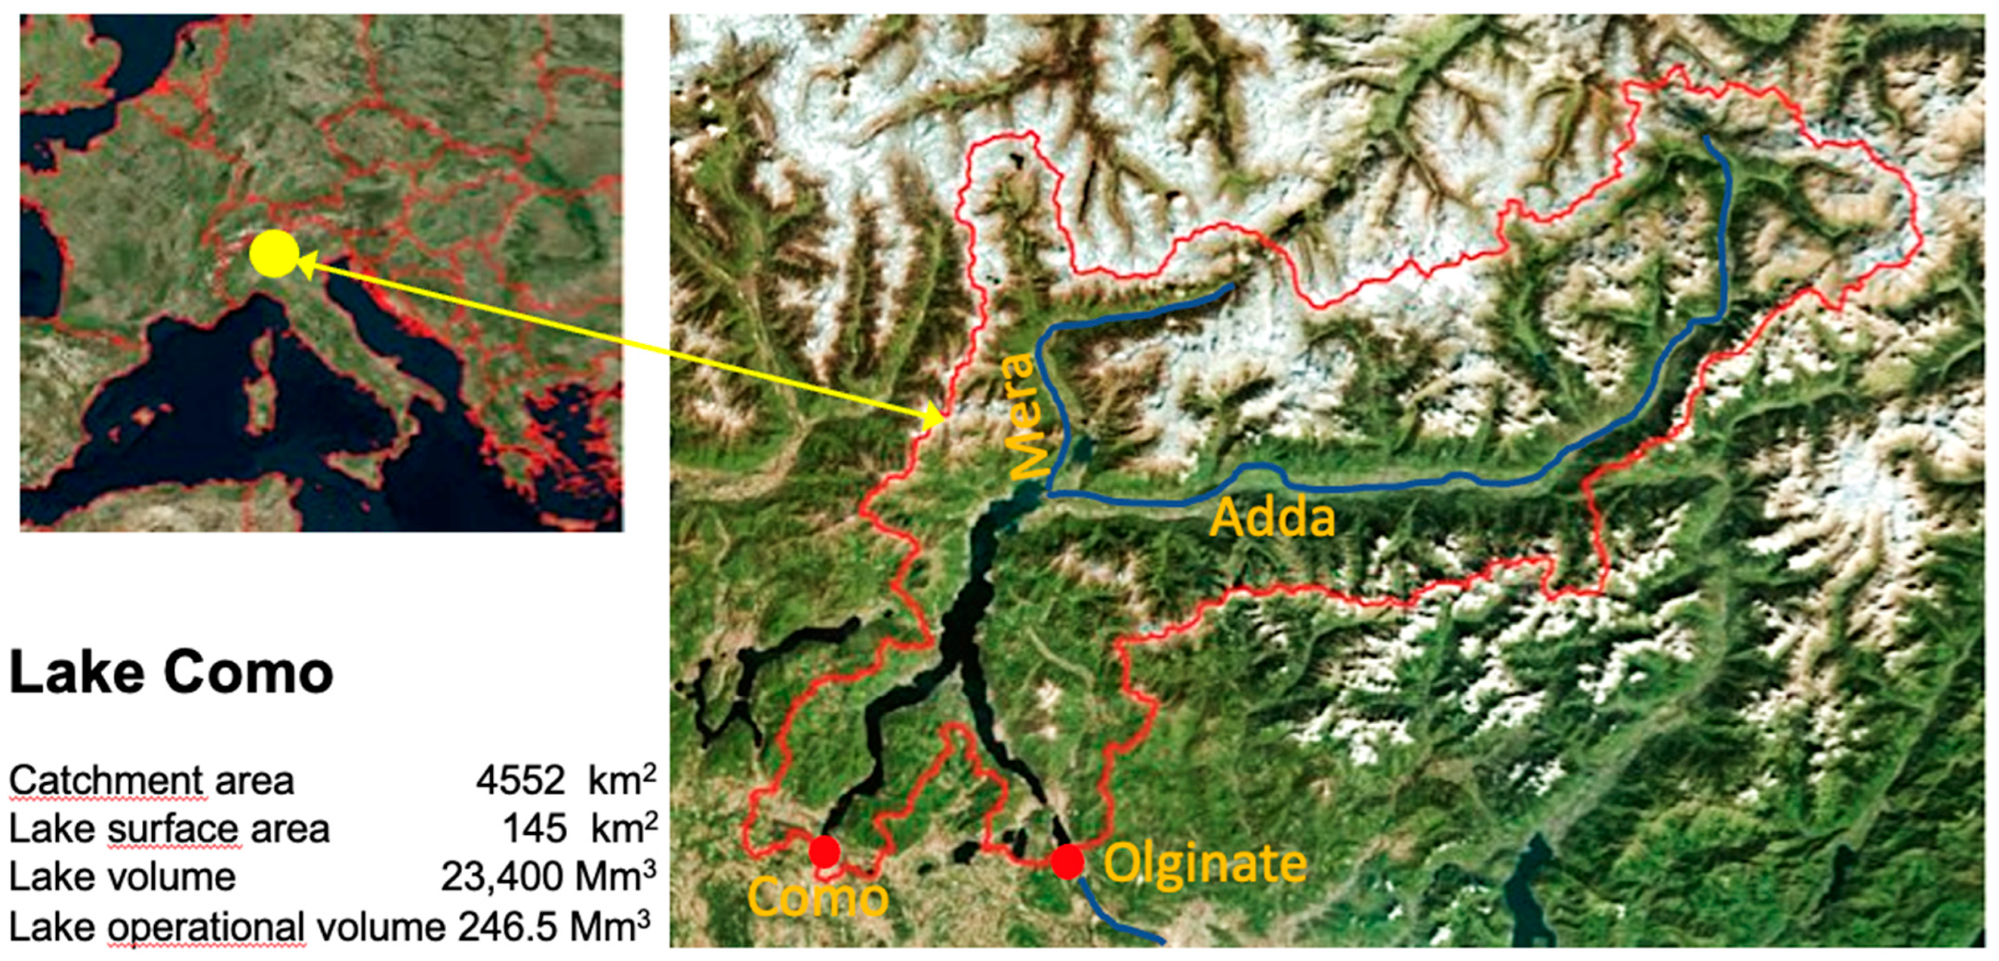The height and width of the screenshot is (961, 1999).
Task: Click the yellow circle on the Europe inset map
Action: click(275, 254)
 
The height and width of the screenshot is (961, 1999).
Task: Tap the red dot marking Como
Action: click(824, 852)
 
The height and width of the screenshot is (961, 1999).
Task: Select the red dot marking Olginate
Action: click(1067, 861)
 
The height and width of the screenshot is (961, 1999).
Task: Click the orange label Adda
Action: click(1273, 517)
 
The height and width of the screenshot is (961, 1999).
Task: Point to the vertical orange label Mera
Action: click(1018, 416)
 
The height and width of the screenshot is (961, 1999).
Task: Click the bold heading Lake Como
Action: click(171, 672)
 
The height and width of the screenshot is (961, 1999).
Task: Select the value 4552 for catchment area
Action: click(520, 780)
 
